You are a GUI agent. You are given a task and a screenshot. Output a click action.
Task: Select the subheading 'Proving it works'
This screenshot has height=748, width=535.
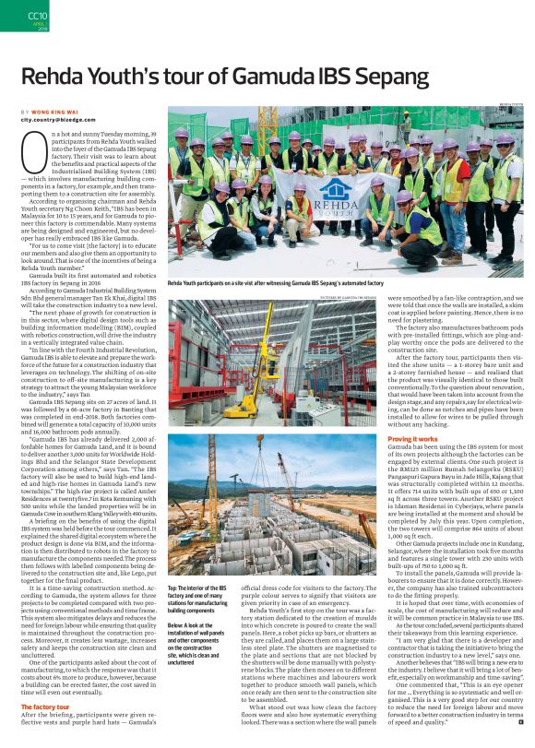point(412,439)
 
